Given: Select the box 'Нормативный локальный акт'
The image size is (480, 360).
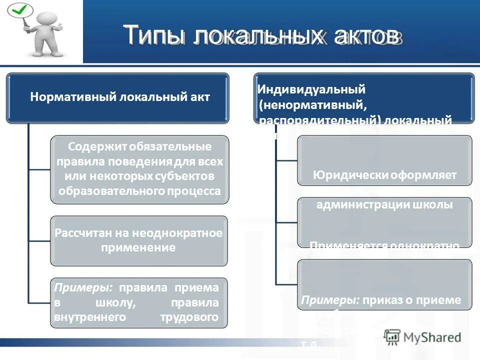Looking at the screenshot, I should [x=118, y=97].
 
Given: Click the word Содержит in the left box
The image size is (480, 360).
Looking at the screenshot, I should [x=98, y=147].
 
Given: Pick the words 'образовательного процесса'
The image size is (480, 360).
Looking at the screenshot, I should [x=139, y=191].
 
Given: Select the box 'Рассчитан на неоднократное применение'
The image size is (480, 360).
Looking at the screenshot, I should [x=138, y=240].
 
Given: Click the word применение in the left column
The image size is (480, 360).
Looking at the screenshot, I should [x=138, y=247].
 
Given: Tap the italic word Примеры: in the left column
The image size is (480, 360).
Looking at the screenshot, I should [x=83, y=287].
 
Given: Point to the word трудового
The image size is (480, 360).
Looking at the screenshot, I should [x=189, y=317].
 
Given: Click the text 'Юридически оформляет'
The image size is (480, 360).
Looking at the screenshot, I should [x=384, y=175].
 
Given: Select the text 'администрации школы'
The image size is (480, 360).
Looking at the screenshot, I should [x=384, y=205].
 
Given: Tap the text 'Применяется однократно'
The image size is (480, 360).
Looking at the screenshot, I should [x=384, y=245].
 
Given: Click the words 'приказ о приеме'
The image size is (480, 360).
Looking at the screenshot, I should [x=412, y=300].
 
